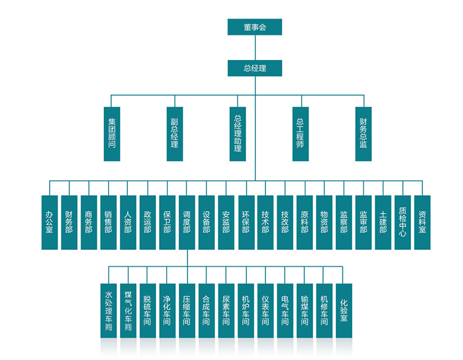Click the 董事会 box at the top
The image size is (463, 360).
(x=255, y=27)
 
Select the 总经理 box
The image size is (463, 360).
(x=255, y=68)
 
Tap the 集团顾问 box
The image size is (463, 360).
(x=112, y=133)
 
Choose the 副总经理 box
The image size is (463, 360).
(x=175, y=133)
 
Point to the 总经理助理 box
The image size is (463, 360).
(x=237, y=133)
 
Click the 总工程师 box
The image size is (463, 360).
(x=300, y=133)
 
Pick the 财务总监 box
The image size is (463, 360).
(x=363, y=133)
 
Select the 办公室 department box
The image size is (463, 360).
(x=49, y=222)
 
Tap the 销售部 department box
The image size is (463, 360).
(x=108, y=222)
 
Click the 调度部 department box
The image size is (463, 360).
(x=187, y=222)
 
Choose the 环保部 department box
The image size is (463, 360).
(x=246, y=222)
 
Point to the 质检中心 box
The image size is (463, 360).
(x=402, y=222)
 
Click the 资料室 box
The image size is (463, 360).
(x=422, y=222)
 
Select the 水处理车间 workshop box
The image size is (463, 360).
(x=109, y=311)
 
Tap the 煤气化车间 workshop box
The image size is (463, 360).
(x=128, y=311)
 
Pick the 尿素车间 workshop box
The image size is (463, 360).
(x=226, y=311)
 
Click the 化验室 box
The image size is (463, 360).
(x=344, y=311)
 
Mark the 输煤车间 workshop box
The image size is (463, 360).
(x=305, y=311)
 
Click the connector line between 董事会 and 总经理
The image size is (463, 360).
(x=255, y=47)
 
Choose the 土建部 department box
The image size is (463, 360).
(x=383, y=222)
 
